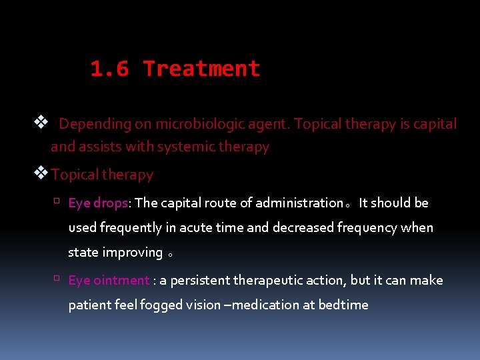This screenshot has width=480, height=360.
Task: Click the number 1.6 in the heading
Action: point(110,69)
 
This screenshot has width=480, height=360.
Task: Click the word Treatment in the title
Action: point(201,69)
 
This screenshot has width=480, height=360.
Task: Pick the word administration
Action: point(298,203)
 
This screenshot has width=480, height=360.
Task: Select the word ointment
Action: point(122,280)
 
